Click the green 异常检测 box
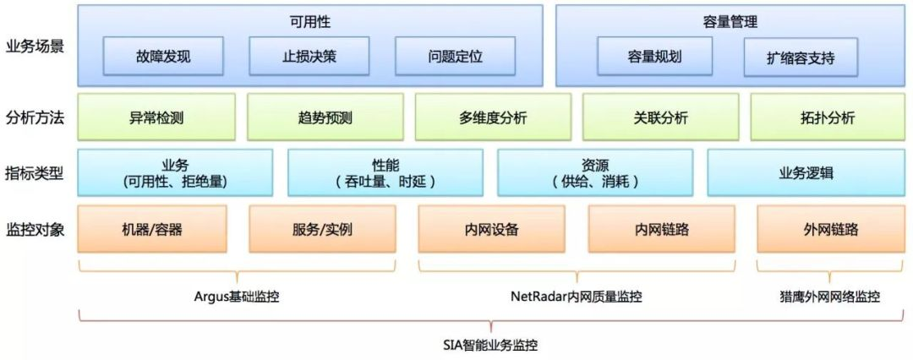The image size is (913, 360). pos(156,117)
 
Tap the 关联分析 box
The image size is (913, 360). pos(660,117)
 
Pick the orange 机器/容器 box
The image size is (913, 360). pos(152,228)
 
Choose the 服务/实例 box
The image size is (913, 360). pos(322,228)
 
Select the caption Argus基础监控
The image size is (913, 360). pos(237,297)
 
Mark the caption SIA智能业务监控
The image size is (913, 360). pos(490,345)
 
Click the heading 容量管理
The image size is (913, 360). pos(729,22)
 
